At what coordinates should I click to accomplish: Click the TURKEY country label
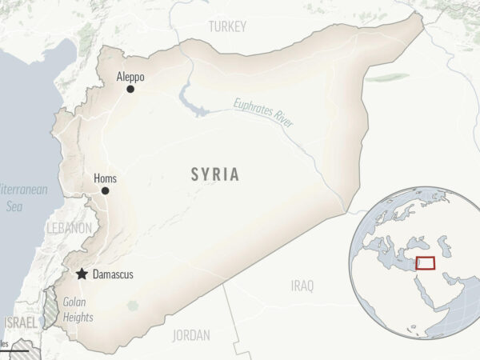point(227,27)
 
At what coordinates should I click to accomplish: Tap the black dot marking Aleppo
point(130,89)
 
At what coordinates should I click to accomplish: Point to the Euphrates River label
point(264,113)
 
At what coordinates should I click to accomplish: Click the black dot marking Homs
point(105,190)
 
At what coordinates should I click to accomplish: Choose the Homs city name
point(105,178)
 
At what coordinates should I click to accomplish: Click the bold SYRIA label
point(214,174)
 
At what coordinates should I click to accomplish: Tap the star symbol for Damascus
point(82,274)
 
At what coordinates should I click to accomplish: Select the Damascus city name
point(113,274)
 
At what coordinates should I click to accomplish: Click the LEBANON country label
point(70,228)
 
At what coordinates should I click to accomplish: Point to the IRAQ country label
point(302,286)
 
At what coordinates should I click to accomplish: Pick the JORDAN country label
point(190,334)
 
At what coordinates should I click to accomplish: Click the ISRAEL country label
point(19,322)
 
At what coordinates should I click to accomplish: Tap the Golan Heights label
point(78,310)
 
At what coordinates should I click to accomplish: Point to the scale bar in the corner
point(14,350)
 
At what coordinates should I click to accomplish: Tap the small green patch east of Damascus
point(132,305)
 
